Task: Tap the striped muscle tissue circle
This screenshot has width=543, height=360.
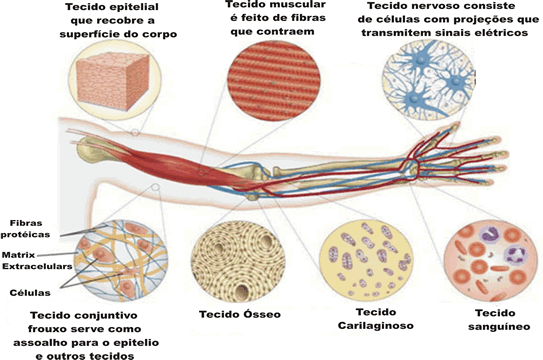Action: [274, 81]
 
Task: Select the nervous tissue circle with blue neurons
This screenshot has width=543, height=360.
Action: [429, 80]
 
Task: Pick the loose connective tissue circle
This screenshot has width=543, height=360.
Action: [121, 261]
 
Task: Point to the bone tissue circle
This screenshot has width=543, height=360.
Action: [238, 261]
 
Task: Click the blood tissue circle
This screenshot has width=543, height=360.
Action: [490, 261]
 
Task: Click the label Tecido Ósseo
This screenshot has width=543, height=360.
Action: [240, 314]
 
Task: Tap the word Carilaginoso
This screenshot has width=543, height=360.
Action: [376, 326]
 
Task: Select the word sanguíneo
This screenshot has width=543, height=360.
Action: [499, 327]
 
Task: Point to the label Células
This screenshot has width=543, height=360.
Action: [30, 293]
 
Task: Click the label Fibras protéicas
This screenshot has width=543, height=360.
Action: [25, 229]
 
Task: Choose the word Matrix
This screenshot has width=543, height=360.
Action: [18, 255]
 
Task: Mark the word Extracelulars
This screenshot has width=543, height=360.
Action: [37, 267]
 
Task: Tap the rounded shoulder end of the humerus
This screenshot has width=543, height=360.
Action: [89, 149]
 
